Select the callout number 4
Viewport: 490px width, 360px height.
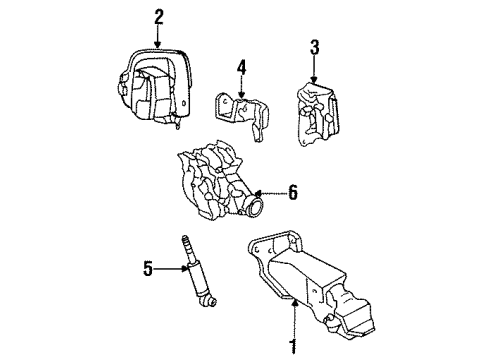(240, 69)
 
